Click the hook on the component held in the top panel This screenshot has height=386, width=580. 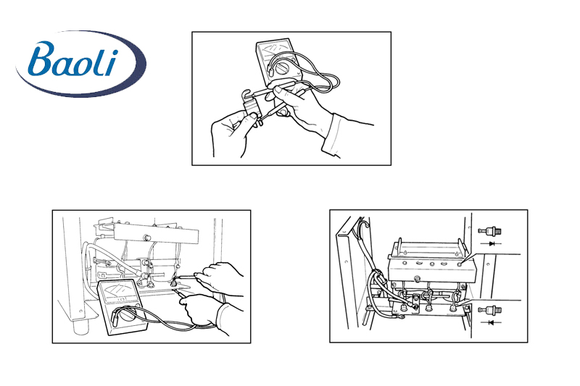coord(246,96)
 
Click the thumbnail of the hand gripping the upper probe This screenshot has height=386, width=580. coord(278,89)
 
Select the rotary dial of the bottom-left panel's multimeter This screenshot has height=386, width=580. coord(128,315)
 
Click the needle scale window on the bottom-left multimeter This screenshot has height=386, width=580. coord(118,289)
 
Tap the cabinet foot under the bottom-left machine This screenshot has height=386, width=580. coord(80,327)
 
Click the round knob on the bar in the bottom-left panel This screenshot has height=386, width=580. coord(147,236)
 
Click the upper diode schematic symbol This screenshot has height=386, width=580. coord(492,244)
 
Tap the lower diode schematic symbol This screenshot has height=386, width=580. coord(492,322)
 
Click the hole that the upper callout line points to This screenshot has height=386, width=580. coord(459,264)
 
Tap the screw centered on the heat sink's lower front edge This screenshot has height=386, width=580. coord(418,278)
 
